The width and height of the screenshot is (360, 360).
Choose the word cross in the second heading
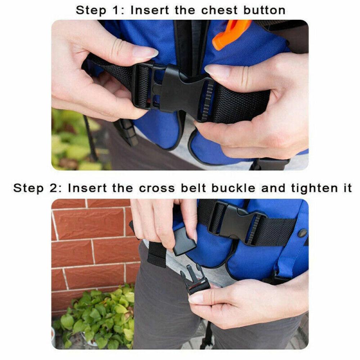pyautogui.click(x=157, y=188)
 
